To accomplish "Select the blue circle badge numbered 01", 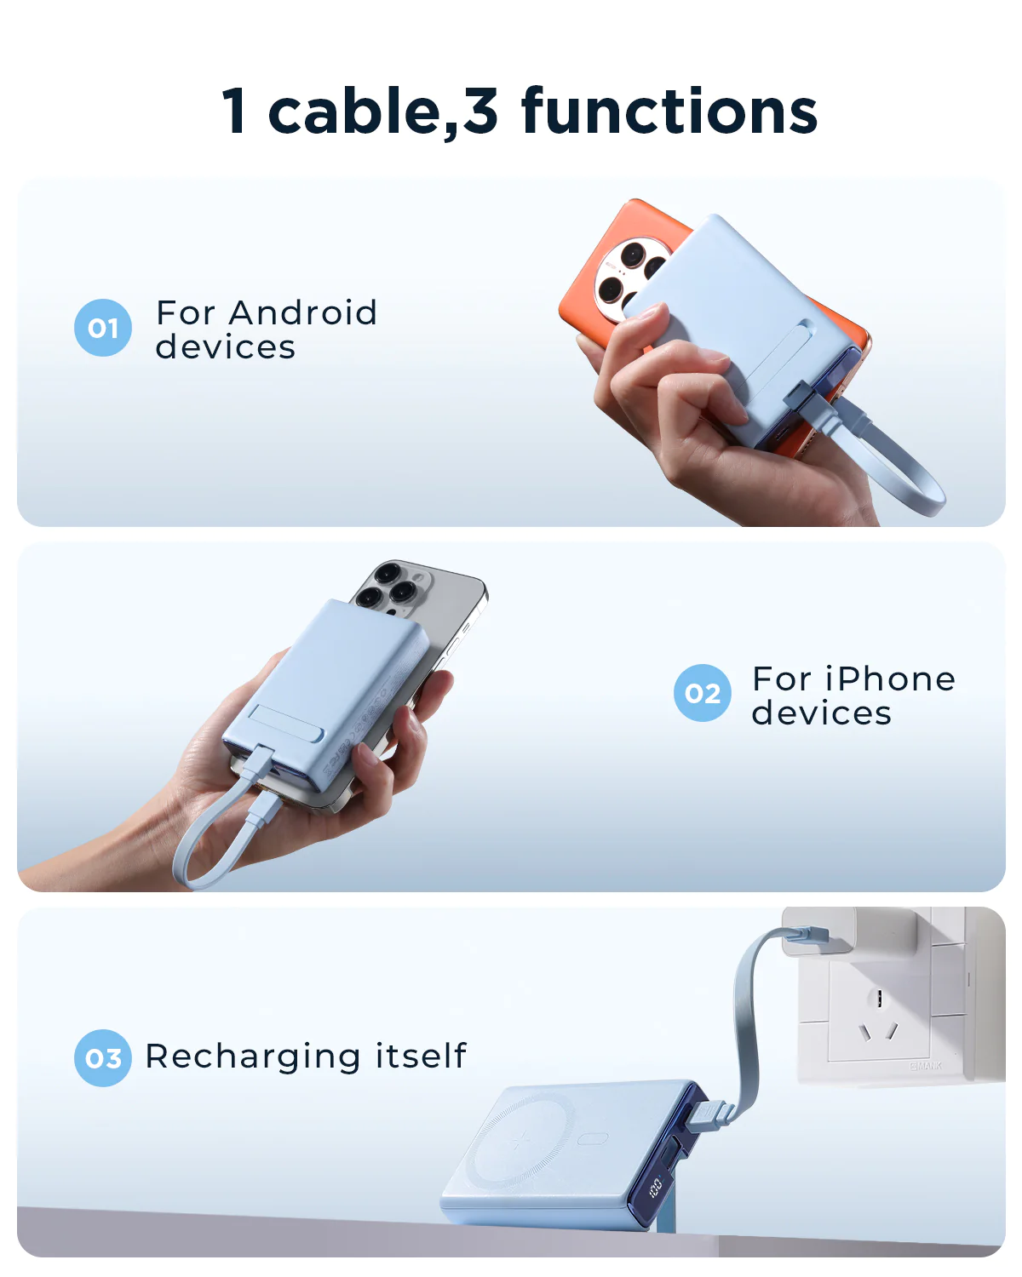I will click(103, 328).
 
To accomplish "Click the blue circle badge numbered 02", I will click(702, 693).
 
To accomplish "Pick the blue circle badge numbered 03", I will click(103, 1058).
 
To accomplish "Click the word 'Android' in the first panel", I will click(303, 313).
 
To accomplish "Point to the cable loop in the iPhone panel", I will click(204, 843).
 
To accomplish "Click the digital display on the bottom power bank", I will click(656, 1185).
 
